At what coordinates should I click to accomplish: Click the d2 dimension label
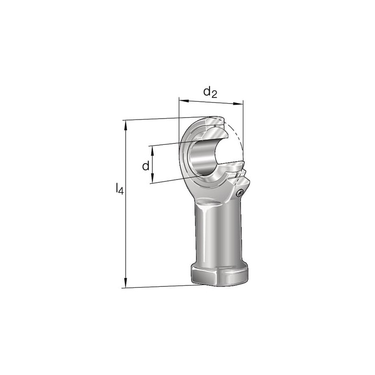tap(210, 92)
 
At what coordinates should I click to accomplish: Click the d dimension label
tap(146, 165)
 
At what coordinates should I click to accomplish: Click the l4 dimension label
tap(120, 189)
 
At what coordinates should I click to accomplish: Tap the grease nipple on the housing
tap(240, 193)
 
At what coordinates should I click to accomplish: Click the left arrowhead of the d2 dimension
tap(184, 100)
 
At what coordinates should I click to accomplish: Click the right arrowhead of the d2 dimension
tap(238, 104)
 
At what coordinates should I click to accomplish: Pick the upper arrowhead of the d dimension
tap(152, 150)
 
